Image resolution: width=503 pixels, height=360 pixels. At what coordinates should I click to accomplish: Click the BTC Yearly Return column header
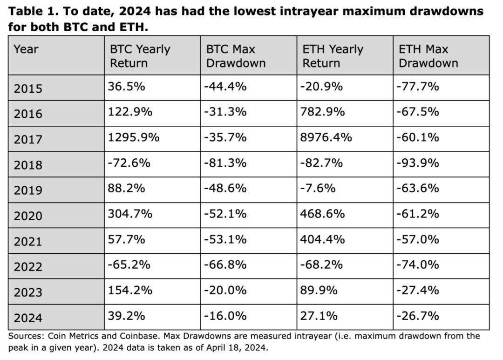[140, 56]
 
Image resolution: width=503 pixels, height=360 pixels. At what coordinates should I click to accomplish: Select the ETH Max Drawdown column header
[428, 56]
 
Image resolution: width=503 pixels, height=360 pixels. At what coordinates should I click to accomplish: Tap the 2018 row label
[28, 165]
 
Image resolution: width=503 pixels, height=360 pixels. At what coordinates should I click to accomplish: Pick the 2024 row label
[28, 318]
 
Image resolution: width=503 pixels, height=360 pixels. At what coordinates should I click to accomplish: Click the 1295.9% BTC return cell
[134, 137]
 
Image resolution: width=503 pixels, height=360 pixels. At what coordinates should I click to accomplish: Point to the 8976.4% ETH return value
[326, 137]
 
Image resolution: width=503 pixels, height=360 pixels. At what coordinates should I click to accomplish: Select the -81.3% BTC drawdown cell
[225, 163]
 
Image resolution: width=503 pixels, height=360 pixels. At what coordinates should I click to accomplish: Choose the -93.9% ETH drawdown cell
[418, 163]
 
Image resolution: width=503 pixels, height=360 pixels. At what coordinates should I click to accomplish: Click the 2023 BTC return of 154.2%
[130, 290]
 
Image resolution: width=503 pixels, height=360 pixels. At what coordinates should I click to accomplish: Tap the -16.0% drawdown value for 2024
[225, 316]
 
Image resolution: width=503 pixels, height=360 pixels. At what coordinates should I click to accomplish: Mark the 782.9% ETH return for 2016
[322, 112]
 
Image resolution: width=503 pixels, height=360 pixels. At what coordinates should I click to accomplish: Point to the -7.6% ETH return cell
[318, 188]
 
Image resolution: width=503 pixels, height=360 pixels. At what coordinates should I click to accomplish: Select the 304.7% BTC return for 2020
[130, 214]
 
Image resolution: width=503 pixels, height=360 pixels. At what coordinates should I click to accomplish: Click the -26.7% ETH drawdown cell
[418, 316]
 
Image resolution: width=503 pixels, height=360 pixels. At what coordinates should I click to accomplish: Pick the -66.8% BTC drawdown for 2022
[225, 265]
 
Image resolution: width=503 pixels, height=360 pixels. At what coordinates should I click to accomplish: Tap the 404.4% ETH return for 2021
[322, 239]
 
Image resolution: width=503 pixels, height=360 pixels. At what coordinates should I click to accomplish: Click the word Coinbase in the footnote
[140, 336]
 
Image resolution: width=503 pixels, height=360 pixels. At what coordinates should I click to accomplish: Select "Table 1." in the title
[34, 12]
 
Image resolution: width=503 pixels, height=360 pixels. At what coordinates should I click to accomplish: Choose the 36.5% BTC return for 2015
[126, 86]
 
